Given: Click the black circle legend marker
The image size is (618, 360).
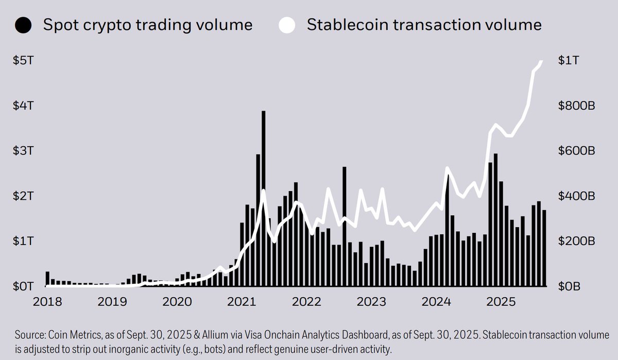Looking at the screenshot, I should pos(24,25).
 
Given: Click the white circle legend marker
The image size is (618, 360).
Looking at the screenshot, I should pos(287,25).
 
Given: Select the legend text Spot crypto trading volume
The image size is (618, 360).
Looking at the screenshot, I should pos(147,25).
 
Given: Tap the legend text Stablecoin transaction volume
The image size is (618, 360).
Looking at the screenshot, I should pos(424,25).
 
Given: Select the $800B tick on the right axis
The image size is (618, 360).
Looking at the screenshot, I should pos(576,106).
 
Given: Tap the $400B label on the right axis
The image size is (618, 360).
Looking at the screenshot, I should pos(576,196).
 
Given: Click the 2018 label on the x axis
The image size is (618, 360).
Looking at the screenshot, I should pos(48,301).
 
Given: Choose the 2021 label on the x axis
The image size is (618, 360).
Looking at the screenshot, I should pos(242,301).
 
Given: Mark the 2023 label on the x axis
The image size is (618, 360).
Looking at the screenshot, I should pos(372,301).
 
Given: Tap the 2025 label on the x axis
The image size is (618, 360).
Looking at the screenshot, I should pos(502,301).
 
